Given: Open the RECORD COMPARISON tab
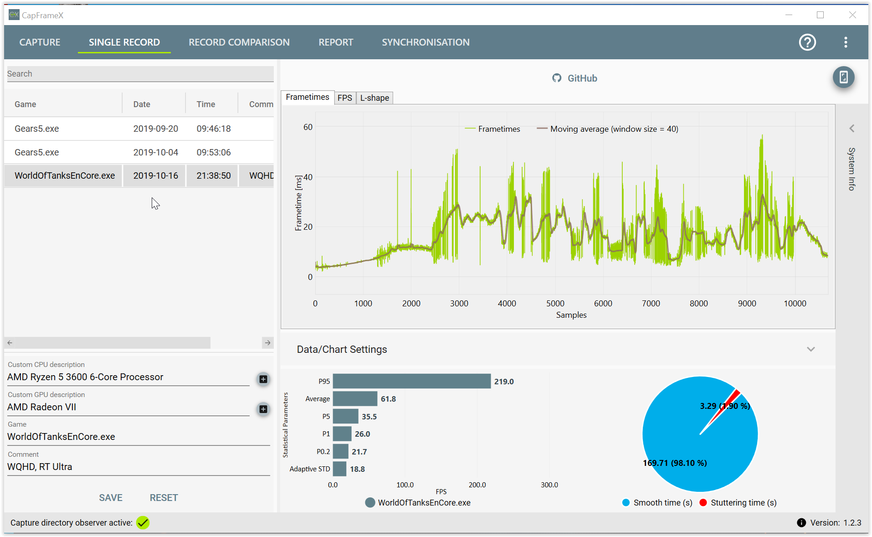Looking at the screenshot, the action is [x=239, y=42].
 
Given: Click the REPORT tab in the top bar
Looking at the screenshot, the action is [x=336, y=42].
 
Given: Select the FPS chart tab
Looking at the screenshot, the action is [x=345, y=98].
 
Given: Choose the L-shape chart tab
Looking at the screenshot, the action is [x=374, y=98].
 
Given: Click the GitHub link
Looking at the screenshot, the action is [x=574, y=78].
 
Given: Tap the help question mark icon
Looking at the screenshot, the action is [x=807, y=42].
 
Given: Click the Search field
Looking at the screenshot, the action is [x=140, y=74].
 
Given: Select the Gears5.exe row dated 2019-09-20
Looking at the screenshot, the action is [x=139, y=129].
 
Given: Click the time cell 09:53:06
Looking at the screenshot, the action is [x=214, y=152].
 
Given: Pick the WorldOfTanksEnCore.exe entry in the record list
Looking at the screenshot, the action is [x=65, y=176].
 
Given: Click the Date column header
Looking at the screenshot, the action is [x=142, y=104].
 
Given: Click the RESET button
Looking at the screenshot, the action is [x=164, y=498].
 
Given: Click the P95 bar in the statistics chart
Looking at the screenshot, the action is [x=412, y=381].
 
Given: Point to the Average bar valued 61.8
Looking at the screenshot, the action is [x=355, y=399].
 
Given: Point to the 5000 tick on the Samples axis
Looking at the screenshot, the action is [x=555, y=304].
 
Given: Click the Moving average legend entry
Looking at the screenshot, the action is [x=608, y=129].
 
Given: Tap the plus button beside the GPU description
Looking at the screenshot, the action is [x=263, y=409].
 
